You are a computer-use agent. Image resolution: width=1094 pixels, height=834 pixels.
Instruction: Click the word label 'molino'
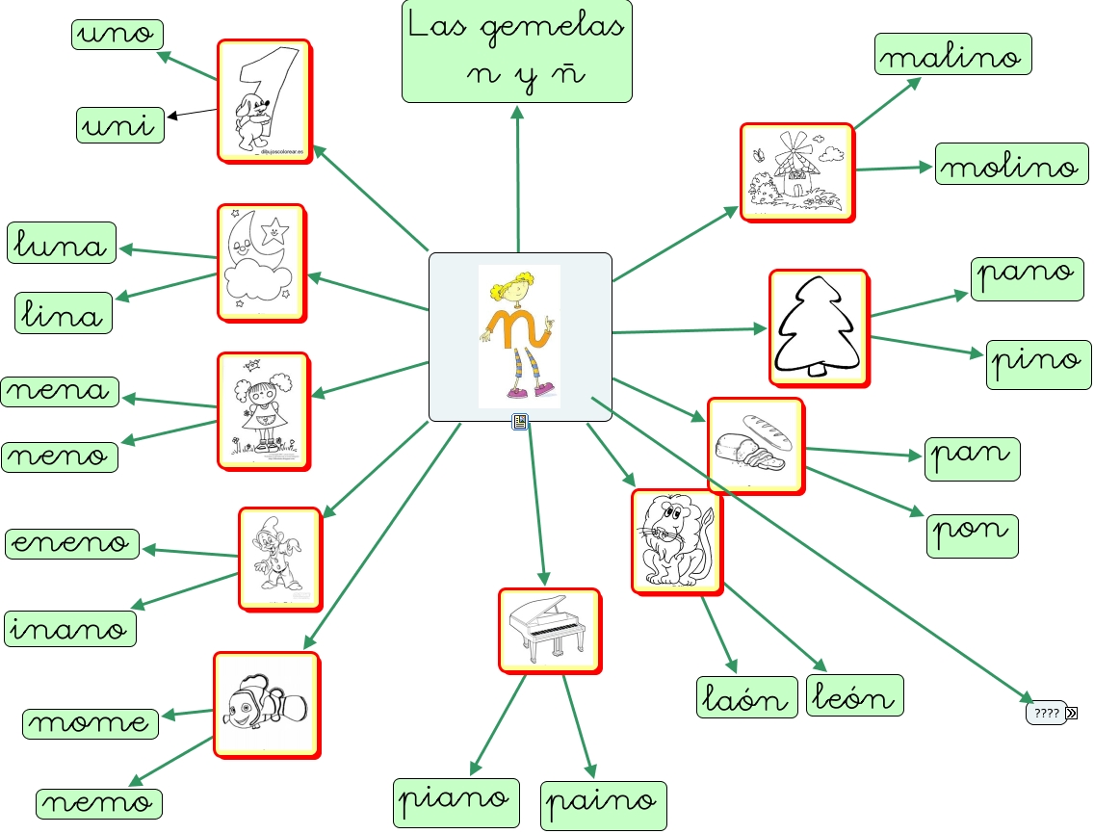(x=1007, y=166)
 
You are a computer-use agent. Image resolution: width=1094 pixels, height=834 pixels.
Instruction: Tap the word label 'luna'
(x=62, y=243)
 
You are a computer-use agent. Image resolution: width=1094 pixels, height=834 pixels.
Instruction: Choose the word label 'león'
(x=854, y=696)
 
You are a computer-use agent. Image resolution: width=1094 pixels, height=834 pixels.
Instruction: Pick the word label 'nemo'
(x=98, y=803)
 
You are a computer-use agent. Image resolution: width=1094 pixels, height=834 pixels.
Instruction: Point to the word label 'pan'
(x=972, y=457)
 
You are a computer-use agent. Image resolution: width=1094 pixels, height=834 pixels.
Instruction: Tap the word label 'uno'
(x=117, y=34)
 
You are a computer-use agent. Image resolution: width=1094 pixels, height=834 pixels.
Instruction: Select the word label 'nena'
(x=60, y=391)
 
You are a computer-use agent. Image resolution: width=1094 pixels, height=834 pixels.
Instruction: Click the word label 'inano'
(x=70, y=628)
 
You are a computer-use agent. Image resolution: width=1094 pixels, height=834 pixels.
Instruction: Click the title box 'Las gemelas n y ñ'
(x=516, y=51)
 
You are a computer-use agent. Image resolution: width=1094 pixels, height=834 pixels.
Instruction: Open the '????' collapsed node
(x=1047, y=714)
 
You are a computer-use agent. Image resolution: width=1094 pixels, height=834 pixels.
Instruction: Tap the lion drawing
(x=677, y=541)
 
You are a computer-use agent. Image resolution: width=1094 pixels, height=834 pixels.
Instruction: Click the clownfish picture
(x=265, y=705)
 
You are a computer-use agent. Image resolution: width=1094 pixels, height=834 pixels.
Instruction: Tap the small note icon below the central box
(x=521, y=422)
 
